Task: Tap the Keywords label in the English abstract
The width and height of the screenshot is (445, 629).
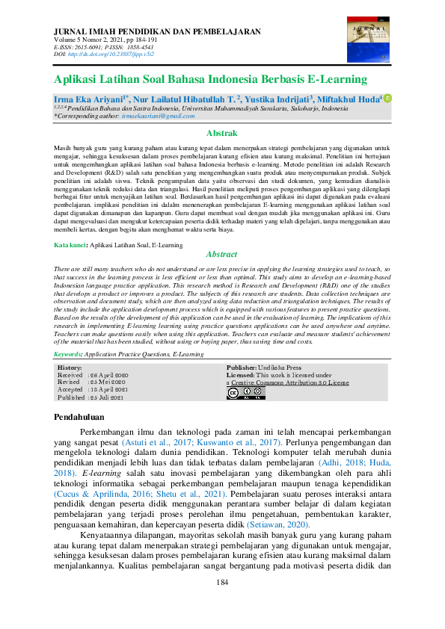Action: [73, 354]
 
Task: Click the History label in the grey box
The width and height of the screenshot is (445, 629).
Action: [70, 368]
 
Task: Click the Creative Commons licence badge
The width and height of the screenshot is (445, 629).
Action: [236, 393]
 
